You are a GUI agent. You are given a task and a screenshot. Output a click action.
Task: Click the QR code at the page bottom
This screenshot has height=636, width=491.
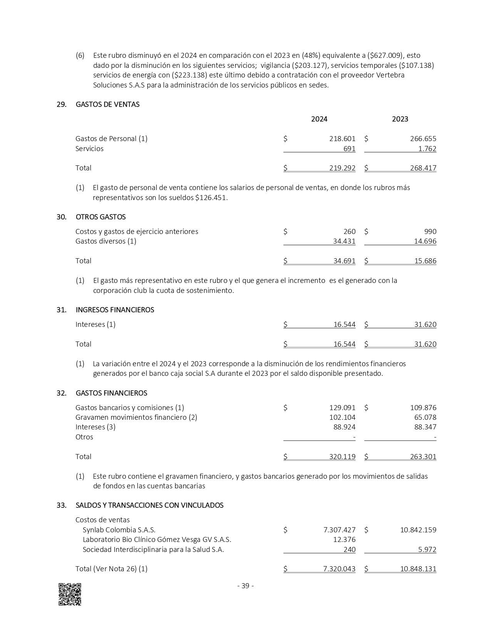pos(70,594)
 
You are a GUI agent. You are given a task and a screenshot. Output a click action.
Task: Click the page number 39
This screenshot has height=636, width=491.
pos(245,586)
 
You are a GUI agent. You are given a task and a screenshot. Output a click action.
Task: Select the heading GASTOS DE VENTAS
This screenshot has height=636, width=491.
pos(107,104)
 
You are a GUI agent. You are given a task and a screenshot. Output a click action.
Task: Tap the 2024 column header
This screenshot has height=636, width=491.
pos(319,119)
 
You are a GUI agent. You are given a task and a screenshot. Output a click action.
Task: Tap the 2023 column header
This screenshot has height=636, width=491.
pos(400,119)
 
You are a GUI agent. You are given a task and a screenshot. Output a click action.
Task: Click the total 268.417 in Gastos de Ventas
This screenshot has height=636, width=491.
pos(423,168)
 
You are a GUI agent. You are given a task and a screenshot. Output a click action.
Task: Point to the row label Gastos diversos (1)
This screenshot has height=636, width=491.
pos(106,241)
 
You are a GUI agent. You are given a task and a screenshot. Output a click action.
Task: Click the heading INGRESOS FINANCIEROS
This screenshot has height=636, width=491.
pos(115,310)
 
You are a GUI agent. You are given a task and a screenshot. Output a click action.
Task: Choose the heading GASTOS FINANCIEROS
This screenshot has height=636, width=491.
pos(111,393)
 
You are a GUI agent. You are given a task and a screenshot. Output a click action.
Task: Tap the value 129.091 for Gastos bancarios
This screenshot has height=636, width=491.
pos(342,408)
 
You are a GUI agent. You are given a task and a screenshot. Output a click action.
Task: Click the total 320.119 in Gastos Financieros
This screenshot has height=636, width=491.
pos(342,457)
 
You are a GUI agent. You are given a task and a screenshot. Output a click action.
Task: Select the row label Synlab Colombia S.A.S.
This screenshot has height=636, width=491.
pos(119,530)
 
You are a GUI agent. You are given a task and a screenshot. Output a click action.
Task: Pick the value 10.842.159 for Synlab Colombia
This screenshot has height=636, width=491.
pos(418,530)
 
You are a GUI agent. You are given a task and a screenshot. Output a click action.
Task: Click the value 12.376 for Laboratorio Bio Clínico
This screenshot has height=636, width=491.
pos(344,540)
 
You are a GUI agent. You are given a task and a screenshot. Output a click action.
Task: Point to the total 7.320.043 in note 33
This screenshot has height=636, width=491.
pos(339,569)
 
